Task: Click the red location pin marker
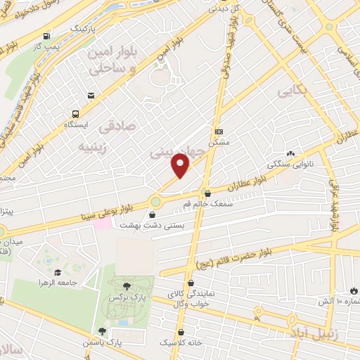181,165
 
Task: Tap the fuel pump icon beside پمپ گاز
46,36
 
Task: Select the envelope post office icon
91,96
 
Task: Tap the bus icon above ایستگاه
75,113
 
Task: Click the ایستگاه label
75,124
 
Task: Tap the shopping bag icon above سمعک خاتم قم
207,193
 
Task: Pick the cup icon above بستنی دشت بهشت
152,214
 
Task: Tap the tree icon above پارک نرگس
126,286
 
